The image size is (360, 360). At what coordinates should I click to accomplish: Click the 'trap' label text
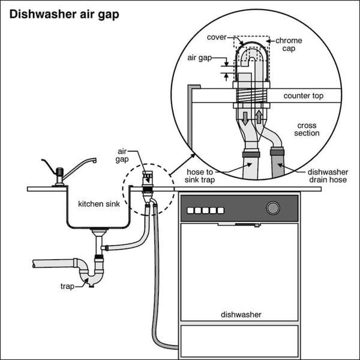pos(67,287)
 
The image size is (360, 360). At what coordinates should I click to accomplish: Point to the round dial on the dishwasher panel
pos(273,208)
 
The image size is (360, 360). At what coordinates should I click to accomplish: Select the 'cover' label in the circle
pos(217,37)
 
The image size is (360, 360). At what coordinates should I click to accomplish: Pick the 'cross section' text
pos(307,130)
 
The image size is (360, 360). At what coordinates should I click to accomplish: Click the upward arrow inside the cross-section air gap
pos(259,115)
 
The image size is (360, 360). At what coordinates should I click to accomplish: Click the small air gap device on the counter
pos(146,179)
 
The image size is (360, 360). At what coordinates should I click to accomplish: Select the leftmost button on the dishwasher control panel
pos(191,210)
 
